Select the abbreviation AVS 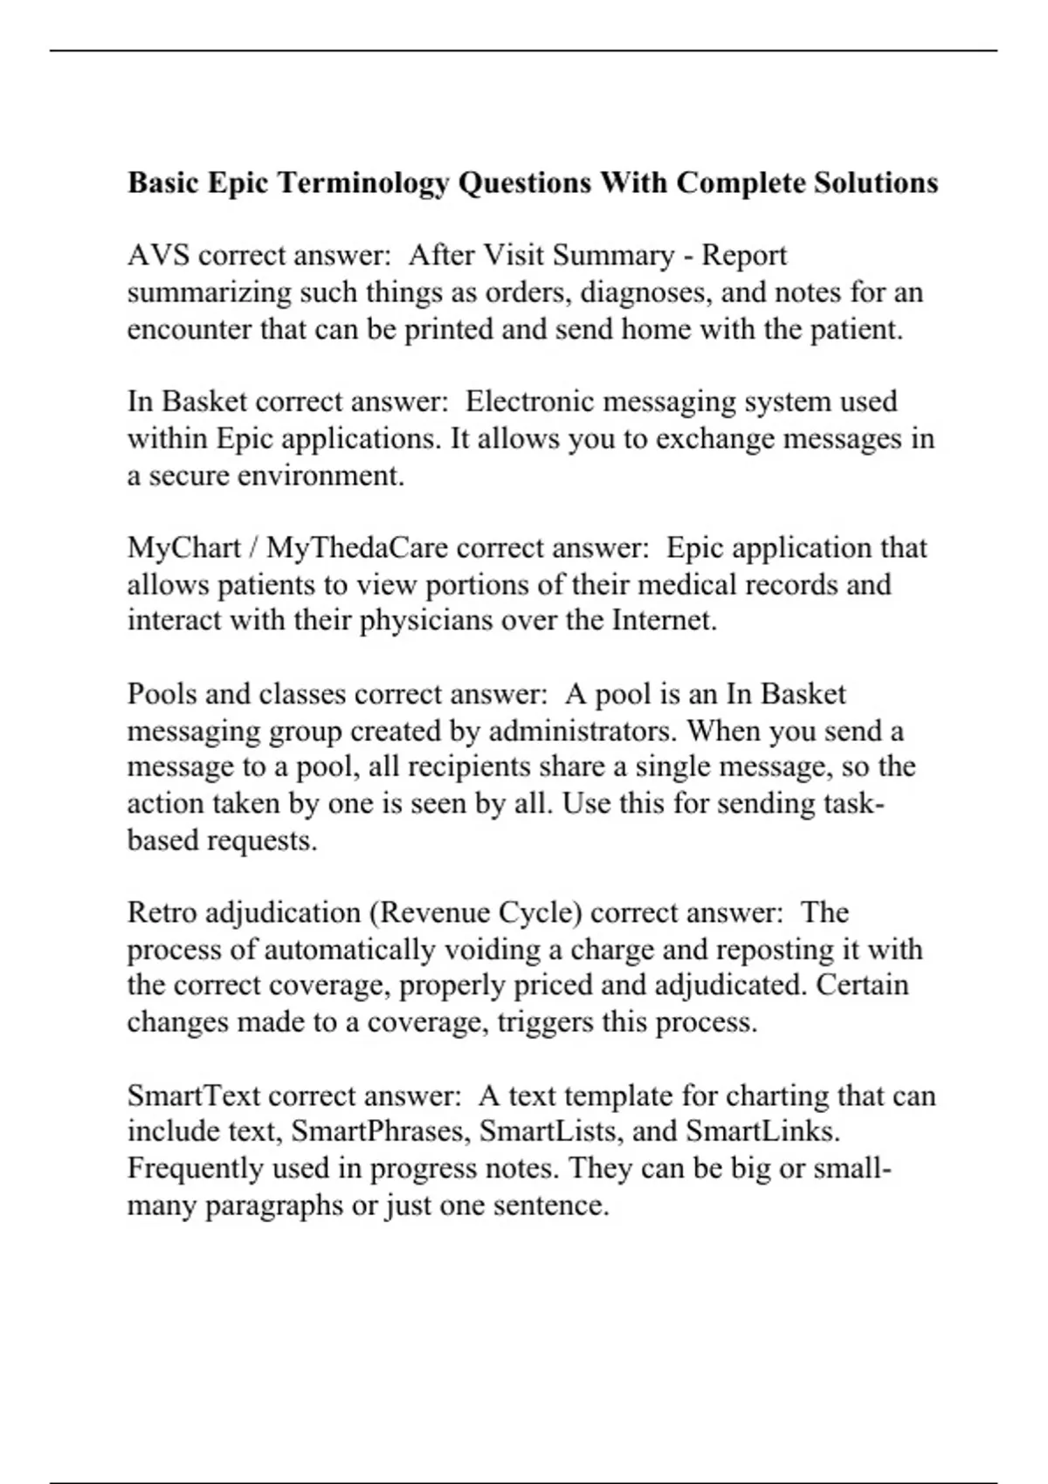[158, 256]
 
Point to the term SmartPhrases [379, 1132]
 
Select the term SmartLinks [762, 1132]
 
